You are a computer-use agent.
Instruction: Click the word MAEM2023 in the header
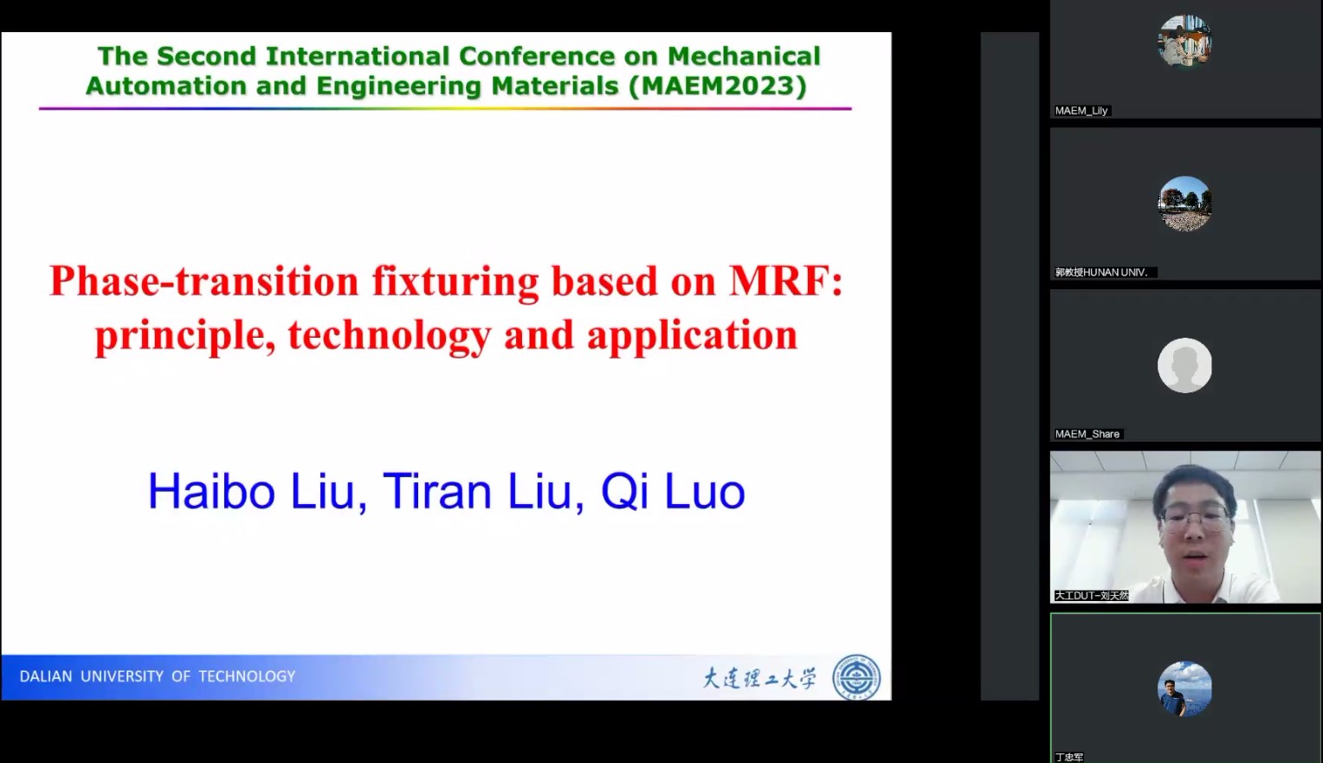click(x=718, y=86)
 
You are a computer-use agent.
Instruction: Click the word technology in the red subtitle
click(x=390, y=334)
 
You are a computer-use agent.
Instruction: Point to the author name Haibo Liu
click(x=252, y=491)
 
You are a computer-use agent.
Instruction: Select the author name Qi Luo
click(x=673, y=491)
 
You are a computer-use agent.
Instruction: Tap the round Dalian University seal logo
click(x=856, y=677)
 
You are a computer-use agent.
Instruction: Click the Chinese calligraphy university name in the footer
click(x=759, y=678)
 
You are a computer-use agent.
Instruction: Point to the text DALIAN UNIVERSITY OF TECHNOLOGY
click(x=157, y=676)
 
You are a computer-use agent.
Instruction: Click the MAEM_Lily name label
click(x=1081, y=111)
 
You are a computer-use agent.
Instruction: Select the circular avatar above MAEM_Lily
click(x=1184, y=41)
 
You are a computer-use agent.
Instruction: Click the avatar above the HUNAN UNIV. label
click(x=1184, y=204)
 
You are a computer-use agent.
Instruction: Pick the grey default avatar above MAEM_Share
click(x=1184, y=365)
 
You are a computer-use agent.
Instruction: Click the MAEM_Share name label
click(x=1087, y=434)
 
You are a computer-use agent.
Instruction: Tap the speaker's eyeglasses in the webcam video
click(x=1196, y=518)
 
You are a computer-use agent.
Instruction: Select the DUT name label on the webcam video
click(x=1092, y=595)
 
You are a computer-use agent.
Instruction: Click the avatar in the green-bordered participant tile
click(x=1184, y=689)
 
